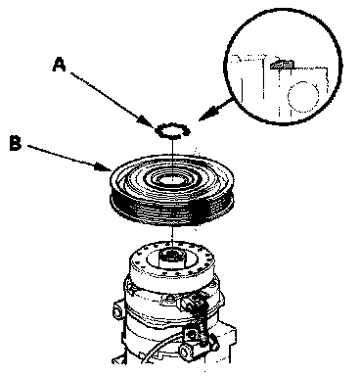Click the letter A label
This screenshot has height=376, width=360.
tap(59, 65)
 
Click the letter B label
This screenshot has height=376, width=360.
tap(16, 144)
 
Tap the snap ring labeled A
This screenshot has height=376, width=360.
tap(172, 131)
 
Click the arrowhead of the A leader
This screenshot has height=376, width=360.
tap(149, 121)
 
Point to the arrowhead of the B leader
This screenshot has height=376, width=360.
tap(103, 167)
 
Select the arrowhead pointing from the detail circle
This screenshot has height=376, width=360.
tap(206, 115)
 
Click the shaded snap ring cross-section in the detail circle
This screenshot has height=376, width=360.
tap(282, 65)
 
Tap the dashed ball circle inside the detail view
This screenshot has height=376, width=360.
tap(303, 97)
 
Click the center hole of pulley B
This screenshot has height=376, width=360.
tap(172, 178)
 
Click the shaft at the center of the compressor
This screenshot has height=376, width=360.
tap(171, 258)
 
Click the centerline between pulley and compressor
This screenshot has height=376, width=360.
tap(171, 238)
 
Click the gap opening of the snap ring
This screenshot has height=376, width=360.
tap(187, 131)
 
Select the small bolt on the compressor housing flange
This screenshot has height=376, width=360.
tap(169, 298)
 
